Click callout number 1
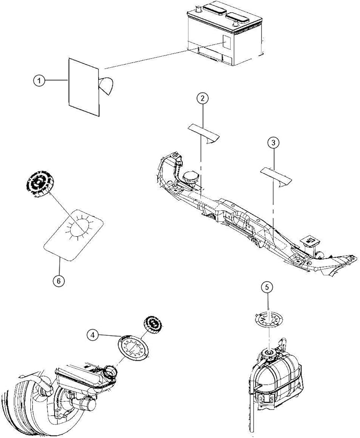(39, 81)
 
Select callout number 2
(203, 98)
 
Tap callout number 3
(273, 143)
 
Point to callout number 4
(93, 335)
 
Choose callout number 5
(268, 287)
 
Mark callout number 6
(59, 281)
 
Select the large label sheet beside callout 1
(84, 87)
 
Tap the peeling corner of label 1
(106, 85)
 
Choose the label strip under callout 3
(276, 177)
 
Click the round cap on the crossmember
(190, 177)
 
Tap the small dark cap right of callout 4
(153, 325)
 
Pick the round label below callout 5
(269, 319)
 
